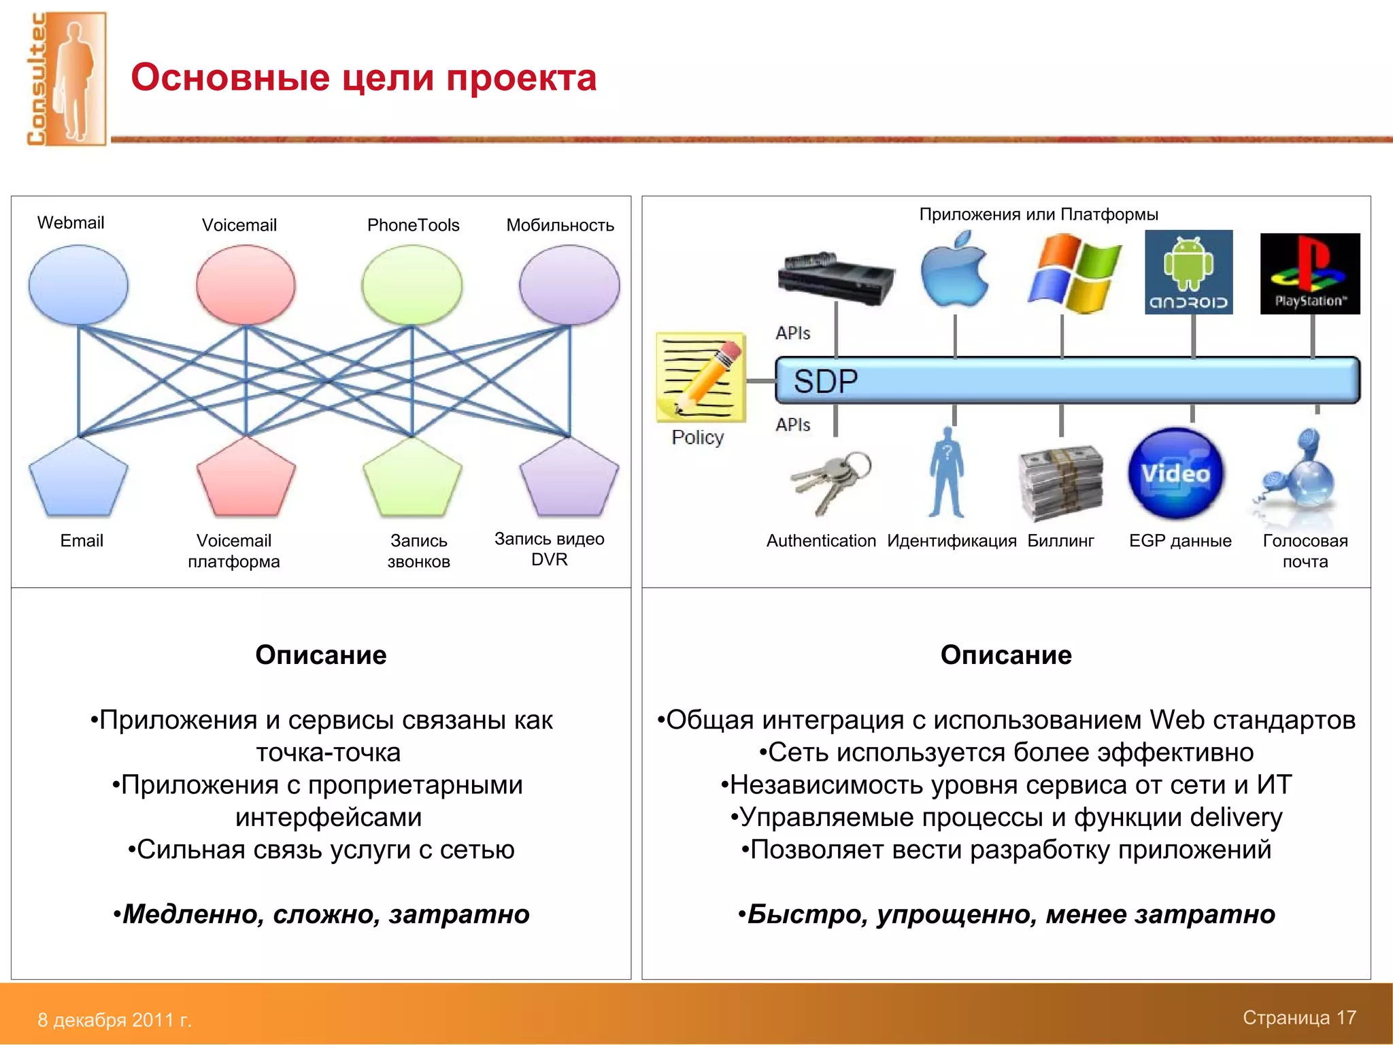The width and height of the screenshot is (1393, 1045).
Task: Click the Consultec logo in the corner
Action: point(66,78)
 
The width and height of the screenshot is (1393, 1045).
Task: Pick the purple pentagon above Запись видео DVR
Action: point(569,478)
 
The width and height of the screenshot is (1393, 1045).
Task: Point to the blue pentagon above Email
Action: point(78,478)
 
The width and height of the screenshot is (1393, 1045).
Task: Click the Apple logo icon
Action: point(954,271)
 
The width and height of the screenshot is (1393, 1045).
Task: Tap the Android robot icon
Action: point(1188,272)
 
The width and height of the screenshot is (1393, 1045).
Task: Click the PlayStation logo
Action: point(1309,273)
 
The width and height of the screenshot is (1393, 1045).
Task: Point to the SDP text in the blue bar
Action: point(825,381)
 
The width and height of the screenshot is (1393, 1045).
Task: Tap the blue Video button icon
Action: point(1175,474)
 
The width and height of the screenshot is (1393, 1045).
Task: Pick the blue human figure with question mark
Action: point(946,474)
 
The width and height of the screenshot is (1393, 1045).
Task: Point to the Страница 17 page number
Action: point(1298,1017)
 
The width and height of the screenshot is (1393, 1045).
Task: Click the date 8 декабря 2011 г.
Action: point(114,1019)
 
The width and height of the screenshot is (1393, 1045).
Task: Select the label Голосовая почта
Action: point(1305,550)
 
